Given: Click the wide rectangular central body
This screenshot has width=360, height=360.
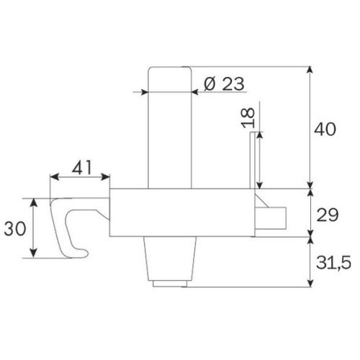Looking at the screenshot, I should (x=180, y=212).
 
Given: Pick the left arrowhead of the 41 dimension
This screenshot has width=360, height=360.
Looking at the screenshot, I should (x=53, y=176).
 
